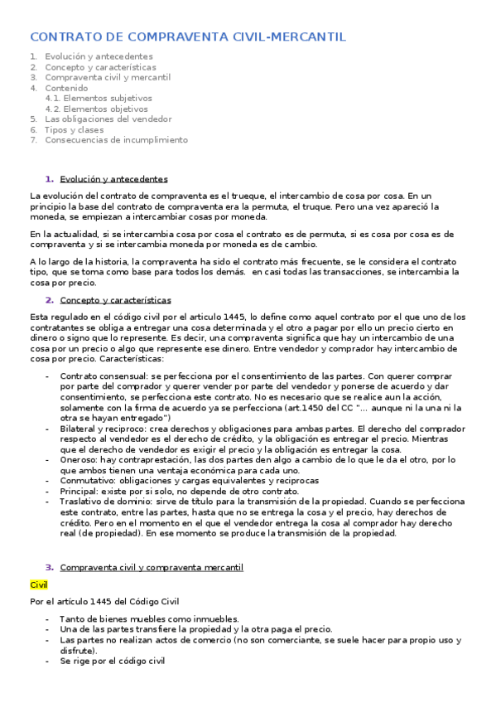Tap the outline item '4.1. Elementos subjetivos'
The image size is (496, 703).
click(97, 98)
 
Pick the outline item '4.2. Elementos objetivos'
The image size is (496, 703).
click(96, 109)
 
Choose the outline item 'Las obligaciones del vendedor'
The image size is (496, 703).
click(108, 119)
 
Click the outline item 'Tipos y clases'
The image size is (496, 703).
click(75, 129)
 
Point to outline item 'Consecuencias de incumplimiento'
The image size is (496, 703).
click(116, 140)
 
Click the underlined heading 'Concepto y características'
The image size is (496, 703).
click(115, 300)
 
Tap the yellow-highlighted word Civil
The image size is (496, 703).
click(39, 585)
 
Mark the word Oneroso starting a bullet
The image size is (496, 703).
click(78, 459)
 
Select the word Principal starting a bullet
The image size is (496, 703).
click(79, 491)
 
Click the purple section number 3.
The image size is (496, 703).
click(49, 567)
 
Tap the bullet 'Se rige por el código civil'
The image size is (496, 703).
click(113, 661)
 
